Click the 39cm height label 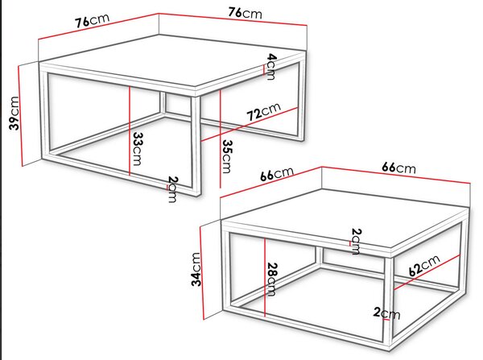click(14, 113)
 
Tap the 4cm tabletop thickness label click(271, 67)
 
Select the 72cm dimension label click(264, 111)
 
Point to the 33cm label click(138, 149)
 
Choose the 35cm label click(227, 156)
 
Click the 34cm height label click(196, 269)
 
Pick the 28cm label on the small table click(271, 279)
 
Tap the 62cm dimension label click(424, 266)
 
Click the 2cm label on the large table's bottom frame click(172, 189)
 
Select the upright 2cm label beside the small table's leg click(386, 313)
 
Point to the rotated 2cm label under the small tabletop click(356, 242)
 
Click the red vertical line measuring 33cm click(130, 131)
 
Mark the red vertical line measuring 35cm click(221, 139)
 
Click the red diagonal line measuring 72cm click(250, 124)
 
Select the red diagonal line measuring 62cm click(427, 272)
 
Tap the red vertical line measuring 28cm click(265, 277)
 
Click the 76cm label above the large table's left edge click(93, 20)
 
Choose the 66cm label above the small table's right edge click(399, 168)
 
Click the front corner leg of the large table click(196, 146)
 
